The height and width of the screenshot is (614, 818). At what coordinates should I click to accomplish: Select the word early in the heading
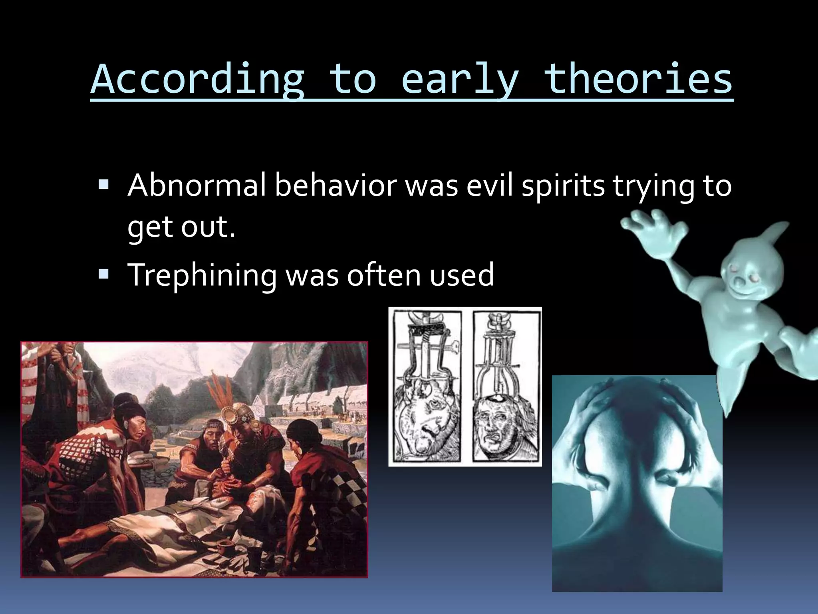[x=459, y=80]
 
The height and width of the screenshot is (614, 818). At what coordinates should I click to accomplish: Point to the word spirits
[x=563, y=186]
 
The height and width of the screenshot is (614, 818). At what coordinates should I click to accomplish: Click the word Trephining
[x=202, y=275]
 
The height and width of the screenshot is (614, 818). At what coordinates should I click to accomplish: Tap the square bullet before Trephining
[x=103, y=274]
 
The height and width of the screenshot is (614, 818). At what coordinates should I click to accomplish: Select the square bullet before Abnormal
[x=103, y=184]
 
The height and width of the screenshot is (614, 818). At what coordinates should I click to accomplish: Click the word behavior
[x=336, y=185]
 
